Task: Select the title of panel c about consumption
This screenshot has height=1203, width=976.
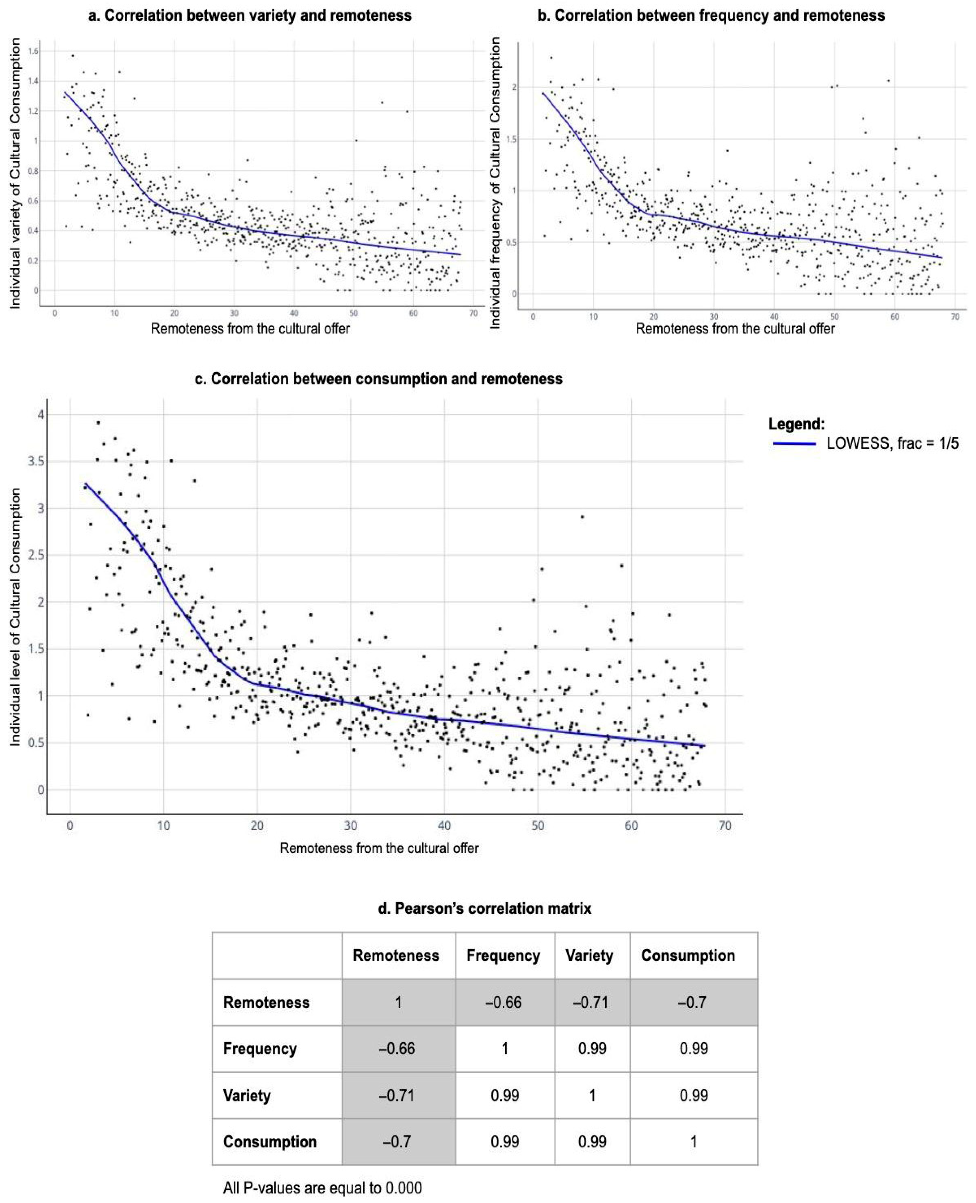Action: coord(379,379)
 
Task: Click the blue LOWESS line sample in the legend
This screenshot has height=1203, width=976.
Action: coord(794,444)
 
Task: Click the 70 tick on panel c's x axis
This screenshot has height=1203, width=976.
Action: coord(725,826)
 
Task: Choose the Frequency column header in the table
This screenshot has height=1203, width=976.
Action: coord(503,955)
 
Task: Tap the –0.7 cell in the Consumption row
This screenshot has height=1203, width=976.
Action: coord(397,1142)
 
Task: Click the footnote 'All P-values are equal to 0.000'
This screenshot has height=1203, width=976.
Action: coord(322,1188)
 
